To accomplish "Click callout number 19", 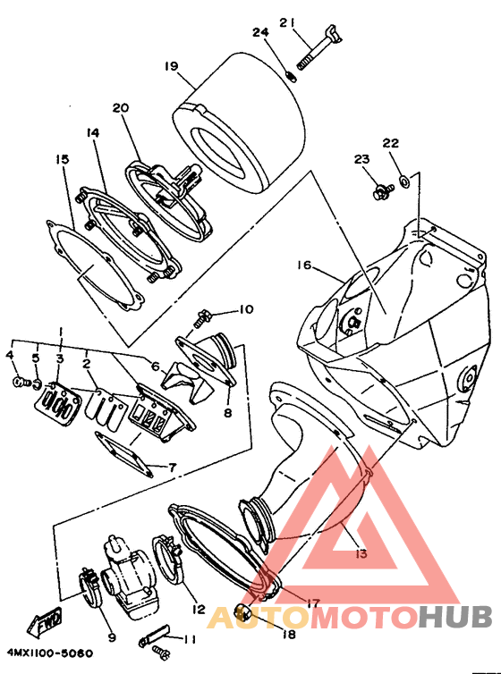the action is click(x=171, y=67).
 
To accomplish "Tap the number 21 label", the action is click(x=287, y=22).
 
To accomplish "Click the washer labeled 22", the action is click(x=404, y=181).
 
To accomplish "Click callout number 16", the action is click(x=303, y=265).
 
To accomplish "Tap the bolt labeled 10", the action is click(x=201, y=318).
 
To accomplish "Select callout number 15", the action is click(x=62, y=160).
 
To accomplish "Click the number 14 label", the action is click(x=92, y=133).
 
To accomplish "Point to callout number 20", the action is click(x=121, y=108).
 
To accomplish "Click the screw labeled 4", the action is click(x=20, y=381).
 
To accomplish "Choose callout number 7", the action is click(x=172, y=468).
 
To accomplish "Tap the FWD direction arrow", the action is click(x=45, y=622).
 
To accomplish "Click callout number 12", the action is click(x=199, y=610).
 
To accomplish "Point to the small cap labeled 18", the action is click(x=242, y=612).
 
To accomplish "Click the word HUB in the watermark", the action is click(x=455, y=618).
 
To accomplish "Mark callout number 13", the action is click(x=362, y=553).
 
